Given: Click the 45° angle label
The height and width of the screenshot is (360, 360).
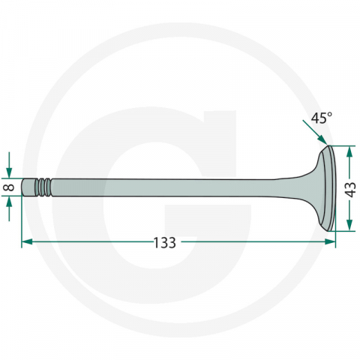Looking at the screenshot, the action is (x=321, y=118).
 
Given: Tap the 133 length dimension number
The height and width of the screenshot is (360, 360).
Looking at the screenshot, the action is (x=164, y=242).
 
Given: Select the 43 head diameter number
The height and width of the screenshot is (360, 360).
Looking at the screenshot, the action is (x=351, y=190).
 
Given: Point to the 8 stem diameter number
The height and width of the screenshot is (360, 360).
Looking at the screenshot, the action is (x=10, y=187).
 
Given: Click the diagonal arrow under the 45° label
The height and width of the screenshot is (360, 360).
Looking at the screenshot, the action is (x=315, y=132).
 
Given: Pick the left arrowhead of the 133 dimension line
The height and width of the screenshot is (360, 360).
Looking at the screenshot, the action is (x=27, y=241).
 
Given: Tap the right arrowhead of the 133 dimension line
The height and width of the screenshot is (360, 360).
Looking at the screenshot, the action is (x=330, y=241).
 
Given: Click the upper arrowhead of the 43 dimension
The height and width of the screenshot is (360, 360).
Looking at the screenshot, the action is (x=349, y=151).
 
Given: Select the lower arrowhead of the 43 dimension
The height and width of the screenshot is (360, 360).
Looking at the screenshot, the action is (x=349, y=225).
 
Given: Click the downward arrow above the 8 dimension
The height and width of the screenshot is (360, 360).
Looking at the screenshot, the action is (x=9, y=165).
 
